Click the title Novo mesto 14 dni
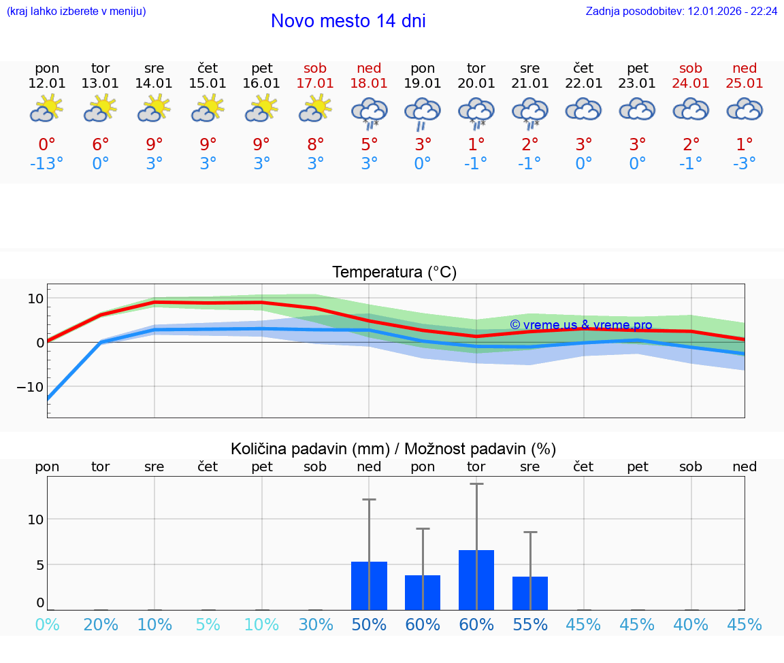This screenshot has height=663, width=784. pyautogui.click(x=348, y=21)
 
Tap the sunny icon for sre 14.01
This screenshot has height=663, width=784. pyautogui.click(x=154, y=109)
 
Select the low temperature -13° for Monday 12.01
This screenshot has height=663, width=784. pyautogui.click(x=47, y=164)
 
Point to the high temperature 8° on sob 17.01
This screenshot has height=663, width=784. pyautogui.click(x=315, y=144)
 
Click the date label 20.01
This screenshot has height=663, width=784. pyautogui.click(x=476, y=83)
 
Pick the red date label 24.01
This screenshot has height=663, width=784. pyautogui.click(x=691, y=83)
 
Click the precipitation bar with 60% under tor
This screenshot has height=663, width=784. pyautogui.click(x=476, y=580)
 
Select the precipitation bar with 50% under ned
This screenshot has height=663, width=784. pyautogui.click(x=369, y=585)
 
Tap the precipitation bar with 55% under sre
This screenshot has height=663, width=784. pyautogui.click(x=530, y=593)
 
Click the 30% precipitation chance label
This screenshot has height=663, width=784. pyautogui.click(x=316, y=624)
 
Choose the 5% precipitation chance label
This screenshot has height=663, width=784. pyautogui.click(x=208, y=624)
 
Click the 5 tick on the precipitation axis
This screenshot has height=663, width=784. pyautogui.click(x=39, y=564)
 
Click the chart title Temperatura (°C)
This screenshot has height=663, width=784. pyautogui.click(x=394, y=273)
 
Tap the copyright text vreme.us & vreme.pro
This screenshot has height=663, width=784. pyautogui.click(x=581, y=325)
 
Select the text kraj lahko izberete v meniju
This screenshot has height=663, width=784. pyautogui.click(x=76, y=12)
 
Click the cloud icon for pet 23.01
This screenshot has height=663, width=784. pyautogui.click(x=637, y=109)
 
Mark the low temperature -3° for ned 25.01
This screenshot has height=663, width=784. pyautogui.click(x=745, y=164)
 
